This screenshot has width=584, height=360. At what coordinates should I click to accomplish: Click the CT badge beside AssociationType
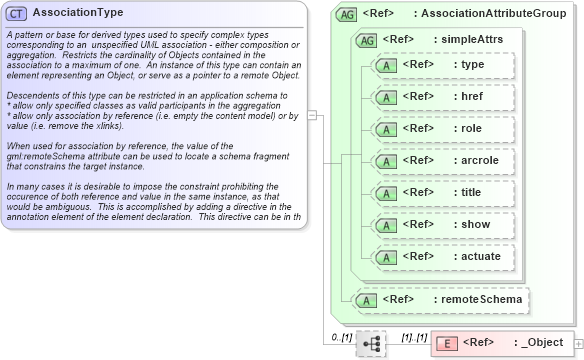point(17,13)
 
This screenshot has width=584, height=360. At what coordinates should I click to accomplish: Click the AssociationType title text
point(78,13)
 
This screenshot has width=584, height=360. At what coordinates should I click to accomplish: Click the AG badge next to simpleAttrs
point(366,39)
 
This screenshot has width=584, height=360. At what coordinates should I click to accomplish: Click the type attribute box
point(444,64)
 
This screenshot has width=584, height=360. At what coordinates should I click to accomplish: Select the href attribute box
point(444,96)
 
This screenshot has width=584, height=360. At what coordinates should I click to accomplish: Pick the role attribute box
point(444,128)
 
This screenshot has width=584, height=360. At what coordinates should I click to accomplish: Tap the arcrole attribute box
point(444,160)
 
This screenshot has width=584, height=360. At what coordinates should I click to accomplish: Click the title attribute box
point(444,192)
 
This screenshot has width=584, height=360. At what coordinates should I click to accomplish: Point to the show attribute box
point(444,224)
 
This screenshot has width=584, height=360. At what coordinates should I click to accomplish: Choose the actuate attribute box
point(444,256)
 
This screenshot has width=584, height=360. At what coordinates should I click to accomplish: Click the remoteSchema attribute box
point(441,299)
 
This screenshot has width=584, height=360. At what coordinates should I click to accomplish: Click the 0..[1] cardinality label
point(341,337)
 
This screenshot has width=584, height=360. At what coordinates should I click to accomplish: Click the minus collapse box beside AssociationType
point(312,114)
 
